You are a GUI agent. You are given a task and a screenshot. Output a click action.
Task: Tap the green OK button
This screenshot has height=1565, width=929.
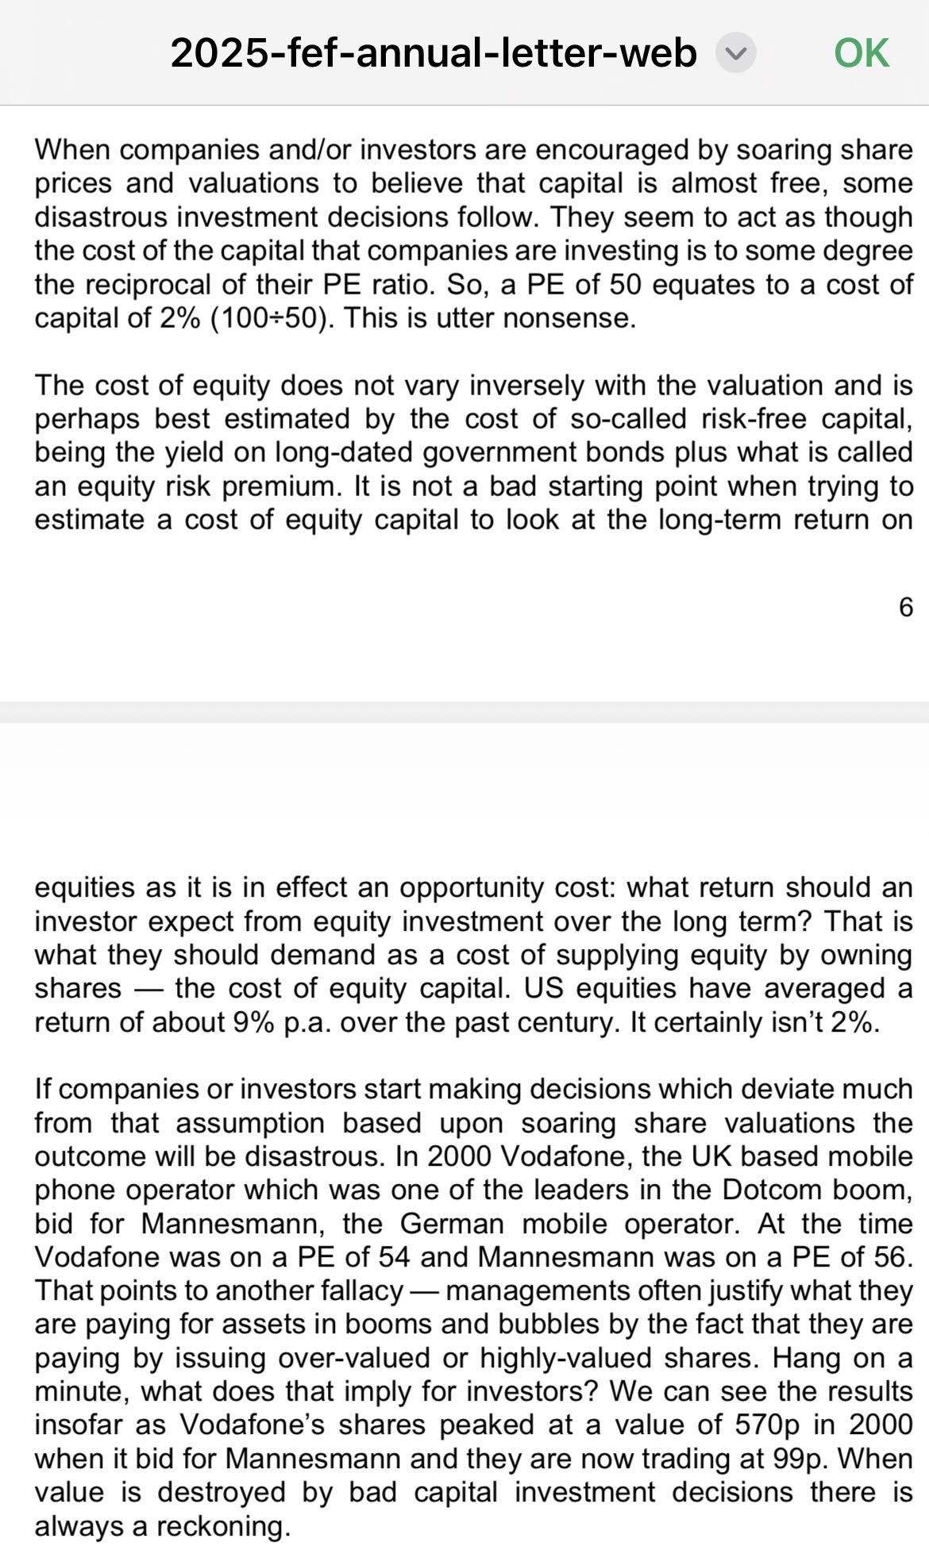(x=862, y=53)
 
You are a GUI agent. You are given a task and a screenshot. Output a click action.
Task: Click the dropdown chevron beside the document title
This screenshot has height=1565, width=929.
(x=735, y=53)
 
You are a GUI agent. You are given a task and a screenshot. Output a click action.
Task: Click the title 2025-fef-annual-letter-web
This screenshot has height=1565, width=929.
(x=434, y=53)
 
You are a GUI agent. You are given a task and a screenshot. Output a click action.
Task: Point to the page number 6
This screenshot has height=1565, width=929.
(x=905, y=607)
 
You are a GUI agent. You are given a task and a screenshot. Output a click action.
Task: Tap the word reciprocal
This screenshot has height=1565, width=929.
(x=143, y=285)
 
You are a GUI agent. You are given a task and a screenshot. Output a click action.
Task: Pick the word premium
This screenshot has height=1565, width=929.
(x=278, y=486)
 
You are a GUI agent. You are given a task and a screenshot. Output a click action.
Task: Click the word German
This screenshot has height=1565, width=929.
(x=452, y=1224)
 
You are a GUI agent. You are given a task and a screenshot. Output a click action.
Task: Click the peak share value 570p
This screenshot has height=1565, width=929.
(x=767, y=1425)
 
